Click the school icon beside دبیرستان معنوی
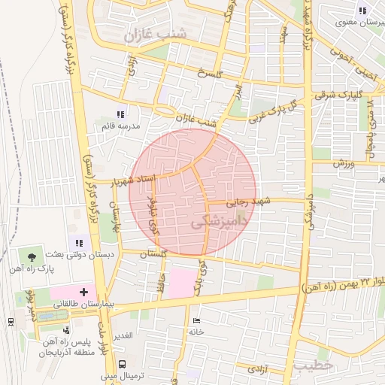pos(362,11)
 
